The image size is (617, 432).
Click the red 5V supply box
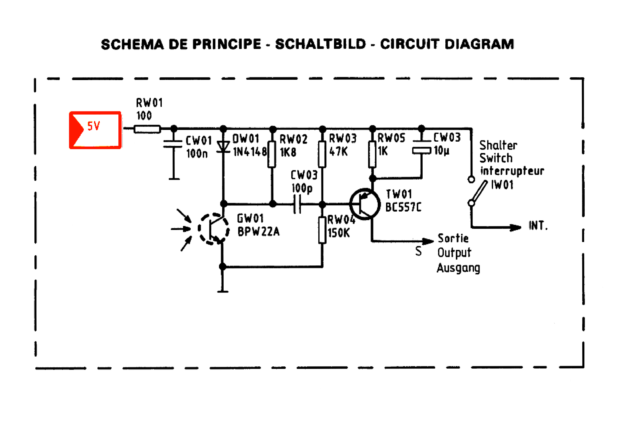95,130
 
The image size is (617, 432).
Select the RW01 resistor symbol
147,129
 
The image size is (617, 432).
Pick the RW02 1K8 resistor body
272,155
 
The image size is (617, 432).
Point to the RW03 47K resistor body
322,154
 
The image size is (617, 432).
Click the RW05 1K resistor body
372,154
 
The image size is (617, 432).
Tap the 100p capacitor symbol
297,204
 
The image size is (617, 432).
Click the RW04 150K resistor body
322,230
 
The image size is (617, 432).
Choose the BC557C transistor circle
365,204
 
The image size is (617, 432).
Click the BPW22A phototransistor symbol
213,229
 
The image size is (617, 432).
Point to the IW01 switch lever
479,192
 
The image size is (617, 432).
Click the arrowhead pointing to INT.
515,228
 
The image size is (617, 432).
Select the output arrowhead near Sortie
428,241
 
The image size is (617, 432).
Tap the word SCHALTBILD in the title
320,44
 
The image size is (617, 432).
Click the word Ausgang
458,268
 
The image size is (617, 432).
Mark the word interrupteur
512,171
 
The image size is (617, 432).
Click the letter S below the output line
418,251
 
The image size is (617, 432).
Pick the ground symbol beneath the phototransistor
223,291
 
